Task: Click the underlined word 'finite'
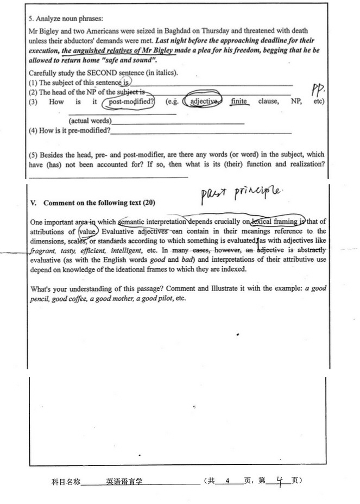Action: click(239, 102)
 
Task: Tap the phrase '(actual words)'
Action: click(90, 121)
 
